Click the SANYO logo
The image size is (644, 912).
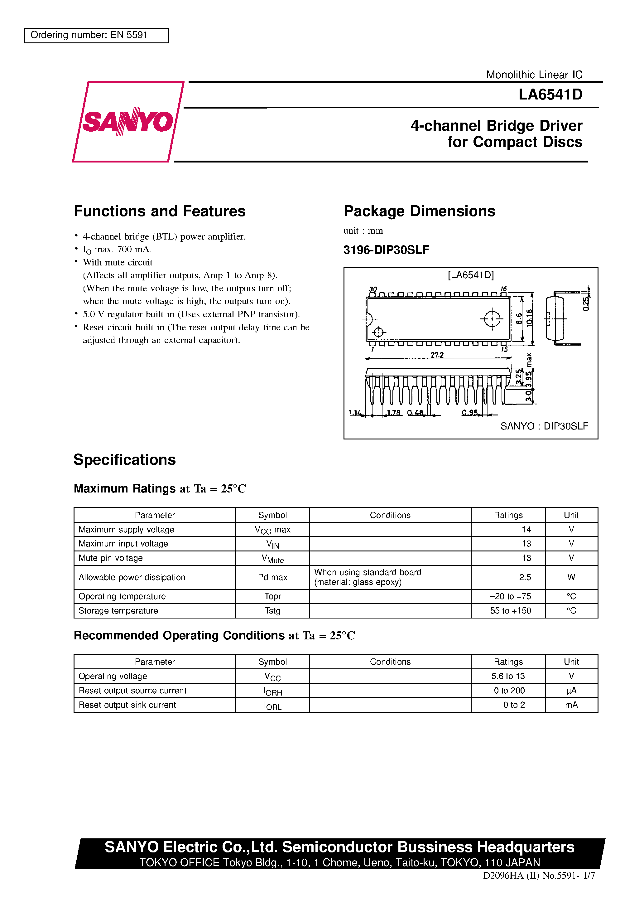pyautogui.click(x=128, y=122)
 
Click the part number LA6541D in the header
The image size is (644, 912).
pyautogui.click(x=550, y=95)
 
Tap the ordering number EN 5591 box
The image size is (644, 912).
pyautogui.click(x=97, y=35)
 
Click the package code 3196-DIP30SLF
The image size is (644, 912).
pyautogui.click(x=386, y=250)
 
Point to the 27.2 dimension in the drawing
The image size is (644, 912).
pyautogui.click(x=437, y=355)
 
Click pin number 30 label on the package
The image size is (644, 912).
pyautogui.click(x=373, y=289)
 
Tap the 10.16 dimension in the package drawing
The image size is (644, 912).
pyautogui.click(x=529, y=318)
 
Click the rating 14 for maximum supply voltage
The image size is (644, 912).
pyautogui.click(x=526, y=530)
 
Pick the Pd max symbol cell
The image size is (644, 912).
pyautogui.click(x=272, y=577)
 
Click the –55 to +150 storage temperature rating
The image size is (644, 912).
pyautogui.click(x=508, y=610)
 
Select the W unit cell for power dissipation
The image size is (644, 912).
pyautogui.click(x=571, y=577)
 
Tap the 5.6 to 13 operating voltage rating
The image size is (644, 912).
pyautogui.click(x=508, y=676)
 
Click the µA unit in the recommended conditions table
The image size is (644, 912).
pyautogui.click(x=571, y=690)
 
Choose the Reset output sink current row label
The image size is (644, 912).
pyautogui.click(x=127, y=705)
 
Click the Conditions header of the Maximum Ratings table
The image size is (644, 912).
pyautogui.click(x=390, y=515)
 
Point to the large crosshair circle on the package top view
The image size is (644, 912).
pyautogui.click(x=492, y=318)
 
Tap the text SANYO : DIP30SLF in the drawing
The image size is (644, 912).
pyautogui.click(x=544, y=426)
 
